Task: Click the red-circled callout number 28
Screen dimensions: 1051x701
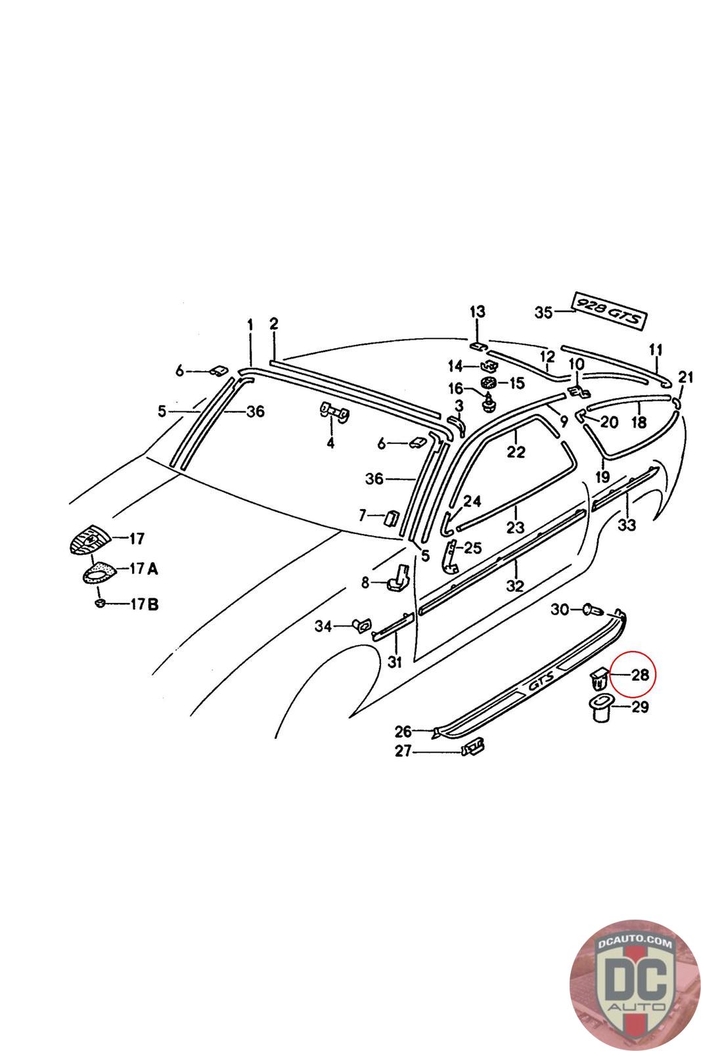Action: (x=639, y=675)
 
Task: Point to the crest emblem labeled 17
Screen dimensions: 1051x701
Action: (x=89, y=540)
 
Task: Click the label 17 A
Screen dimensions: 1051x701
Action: (x=144, y=569)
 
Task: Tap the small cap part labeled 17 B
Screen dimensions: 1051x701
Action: (x=100, y=602)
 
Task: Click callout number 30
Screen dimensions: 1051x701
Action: (x=560, y=610)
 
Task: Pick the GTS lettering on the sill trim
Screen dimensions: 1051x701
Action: (x=538, y=686)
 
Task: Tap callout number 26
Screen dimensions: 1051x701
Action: (x=403, y=730)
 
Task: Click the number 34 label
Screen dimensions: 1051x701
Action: (x=323, y=626)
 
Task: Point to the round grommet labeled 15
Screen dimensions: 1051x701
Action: (x=488, y=383)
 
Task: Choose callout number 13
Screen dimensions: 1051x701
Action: (x=477, y=311)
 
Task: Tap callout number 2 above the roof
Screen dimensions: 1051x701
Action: (x=274, y=323)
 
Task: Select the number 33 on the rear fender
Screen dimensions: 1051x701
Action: (x=627, y=525)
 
